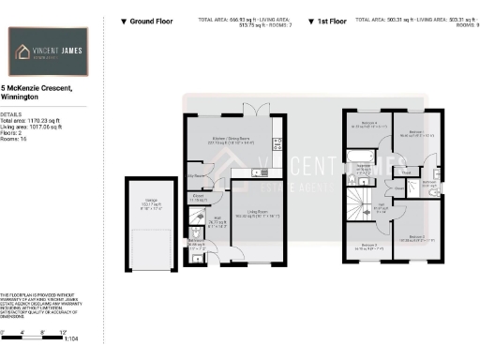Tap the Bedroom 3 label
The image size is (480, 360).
point(361,249)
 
